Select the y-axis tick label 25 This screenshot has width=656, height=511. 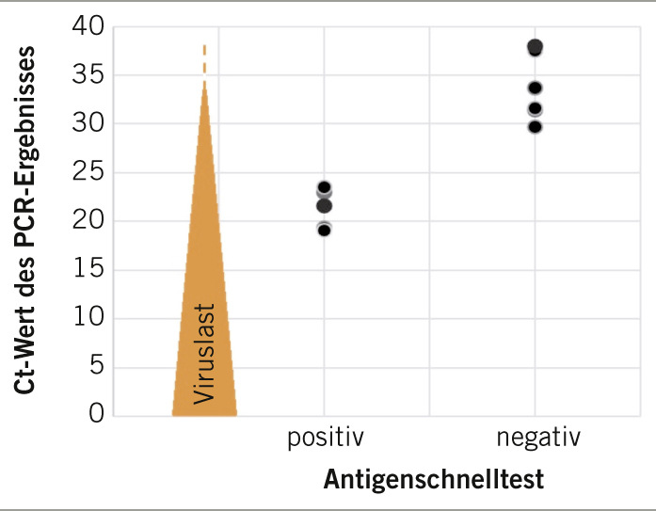90,173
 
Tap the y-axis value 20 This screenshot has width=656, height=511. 90,221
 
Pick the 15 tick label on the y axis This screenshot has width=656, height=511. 90,270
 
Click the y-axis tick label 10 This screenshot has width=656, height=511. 90,318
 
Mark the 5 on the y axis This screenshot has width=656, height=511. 98,367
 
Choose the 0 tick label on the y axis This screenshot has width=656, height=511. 98,414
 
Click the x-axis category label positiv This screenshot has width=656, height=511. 325,439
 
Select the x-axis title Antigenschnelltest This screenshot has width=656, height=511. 434,481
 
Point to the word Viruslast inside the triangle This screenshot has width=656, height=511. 204,354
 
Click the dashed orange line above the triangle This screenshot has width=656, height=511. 204,62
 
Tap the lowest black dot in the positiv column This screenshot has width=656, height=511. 324,230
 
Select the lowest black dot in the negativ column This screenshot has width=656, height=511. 535,126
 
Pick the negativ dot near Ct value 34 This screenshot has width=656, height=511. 535,88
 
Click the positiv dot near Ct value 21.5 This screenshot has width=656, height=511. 324,205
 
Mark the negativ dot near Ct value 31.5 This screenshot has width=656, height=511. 535,108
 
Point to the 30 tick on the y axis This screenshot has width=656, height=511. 90,124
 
